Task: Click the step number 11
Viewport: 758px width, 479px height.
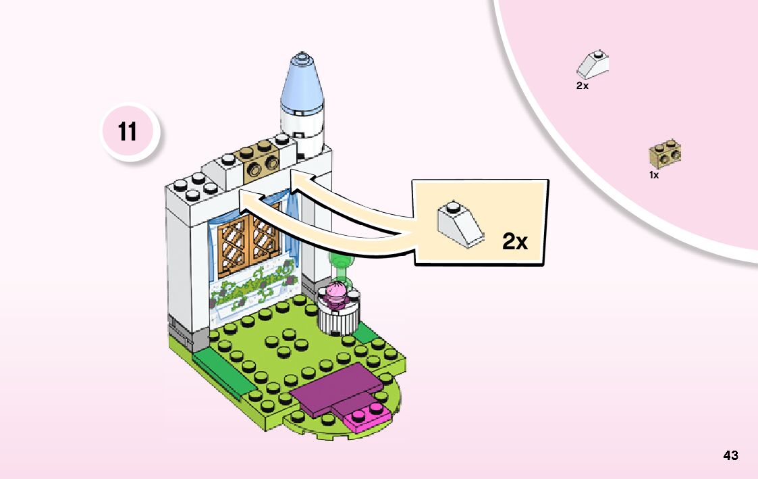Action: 128,132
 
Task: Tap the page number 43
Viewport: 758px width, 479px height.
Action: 730,455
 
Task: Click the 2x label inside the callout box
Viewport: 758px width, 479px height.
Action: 515,241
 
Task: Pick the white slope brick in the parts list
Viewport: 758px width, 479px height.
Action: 593,64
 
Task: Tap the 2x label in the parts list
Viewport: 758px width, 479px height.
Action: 583,86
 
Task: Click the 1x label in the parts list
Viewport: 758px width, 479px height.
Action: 653,174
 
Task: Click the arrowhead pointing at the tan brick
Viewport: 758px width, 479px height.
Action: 295,178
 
